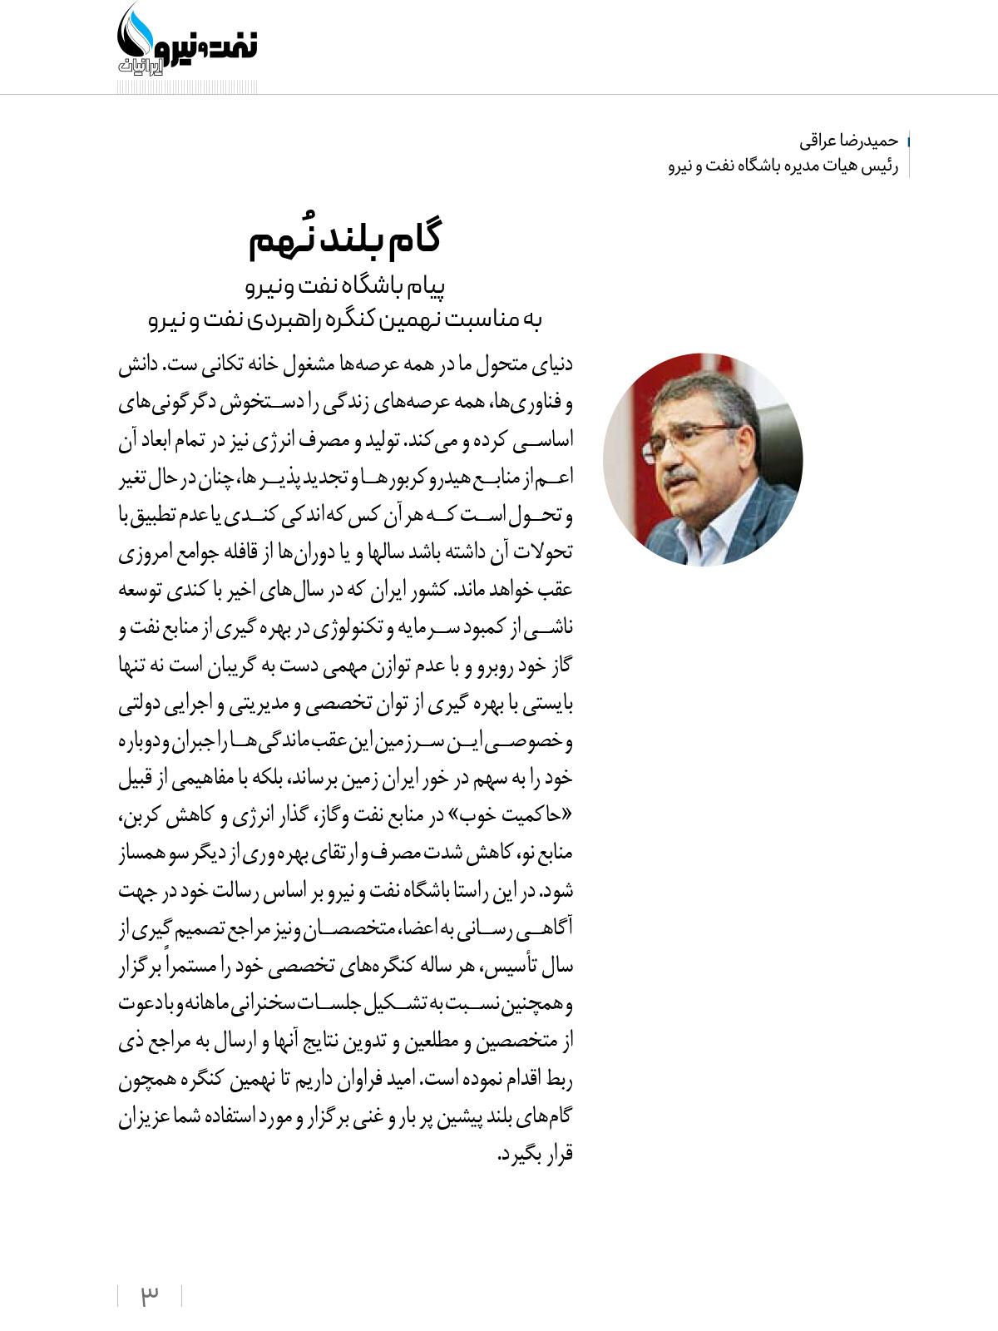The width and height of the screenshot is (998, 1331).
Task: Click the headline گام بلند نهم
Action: pyautogui.click(x=345, y=240)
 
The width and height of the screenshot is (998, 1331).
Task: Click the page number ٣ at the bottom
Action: pyautogui.click(x=150, y=1295)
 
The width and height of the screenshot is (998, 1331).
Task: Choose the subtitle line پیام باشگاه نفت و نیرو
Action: pyautogui.click(x=345, y=287)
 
